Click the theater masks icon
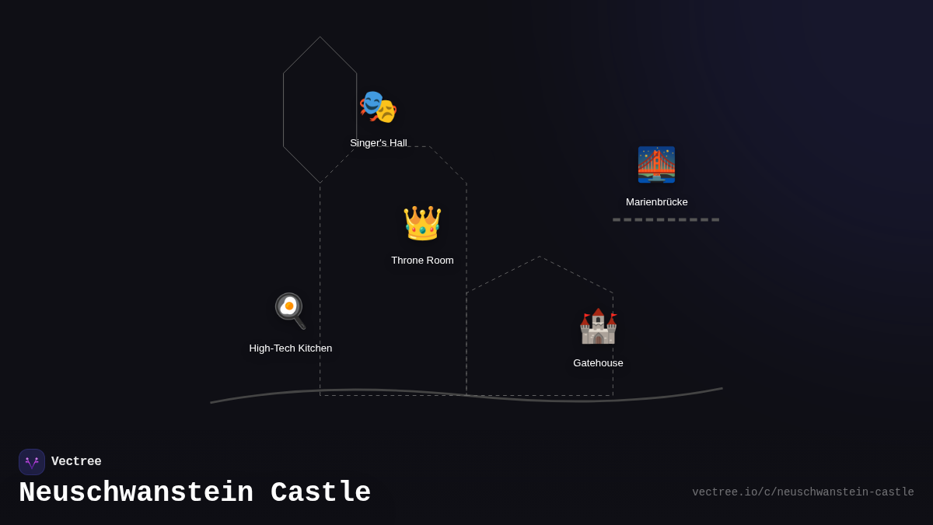378,107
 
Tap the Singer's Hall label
379,143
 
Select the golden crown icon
422,223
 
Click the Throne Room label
422,261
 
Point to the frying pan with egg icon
290,310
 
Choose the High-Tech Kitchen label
291,348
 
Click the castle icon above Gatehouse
598,326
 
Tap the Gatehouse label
598,363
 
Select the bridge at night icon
656,164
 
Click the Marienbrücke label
656,202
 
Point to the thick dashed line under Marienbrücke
666,219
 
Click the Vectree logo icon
32,462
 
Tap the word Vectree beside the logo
76,462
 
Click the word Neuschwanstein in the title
136,493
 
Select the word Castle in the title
320,493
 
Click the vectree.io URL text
802,492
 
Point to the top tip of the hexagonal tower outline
320,37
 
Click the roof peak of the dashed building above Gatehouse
539,257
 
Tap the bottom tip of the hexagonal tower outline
320,183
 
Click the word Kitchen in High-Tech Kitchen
313,348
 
